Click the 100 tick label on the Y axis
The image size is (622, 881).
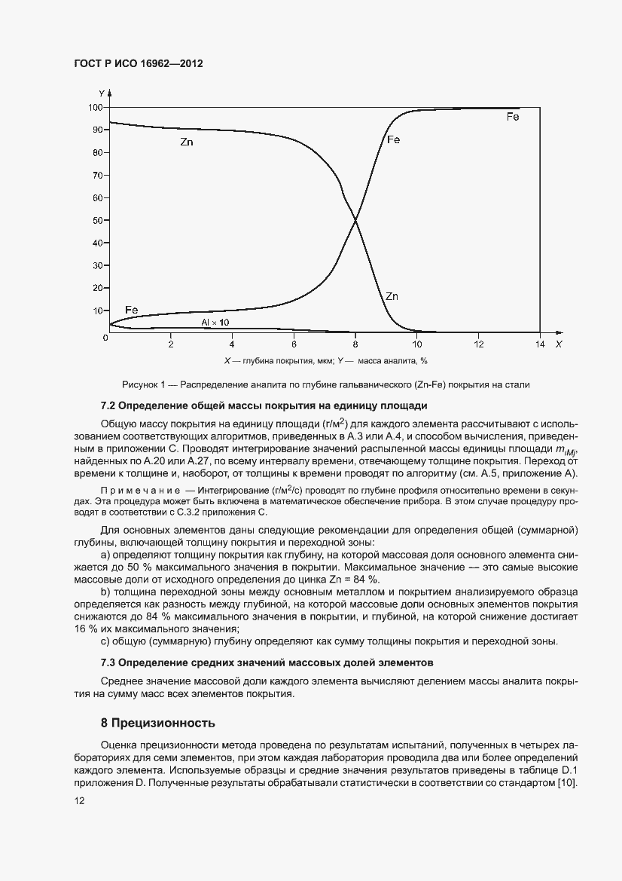tap(95, 108)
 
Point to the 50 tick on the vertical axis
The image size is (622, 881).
tap(97, 221)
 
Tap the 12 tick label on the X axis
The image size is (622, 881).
tap(478, 344)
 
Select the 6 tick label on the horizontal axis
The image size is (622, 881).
tap(294, 344)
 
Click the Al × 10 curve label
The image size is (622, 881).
tap(215, 322)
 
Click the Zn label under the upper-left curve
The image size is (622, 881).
tap(187, 142)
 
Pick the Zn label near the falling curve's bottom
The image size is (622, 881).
tap(392, 296)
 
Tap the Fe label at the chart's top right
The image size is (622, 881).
tap(513, 117)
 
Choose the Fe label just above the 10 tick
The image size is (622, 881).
tap(131, 310)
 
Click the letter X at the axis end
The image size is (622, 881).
tap(558, 344)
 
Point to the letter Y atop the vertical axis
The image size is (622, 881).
tap(102, 93)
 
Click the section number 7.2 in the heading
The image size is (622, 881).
tap(110, 406)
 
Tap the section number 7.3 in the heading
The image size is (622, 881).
tap(110, 662)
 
